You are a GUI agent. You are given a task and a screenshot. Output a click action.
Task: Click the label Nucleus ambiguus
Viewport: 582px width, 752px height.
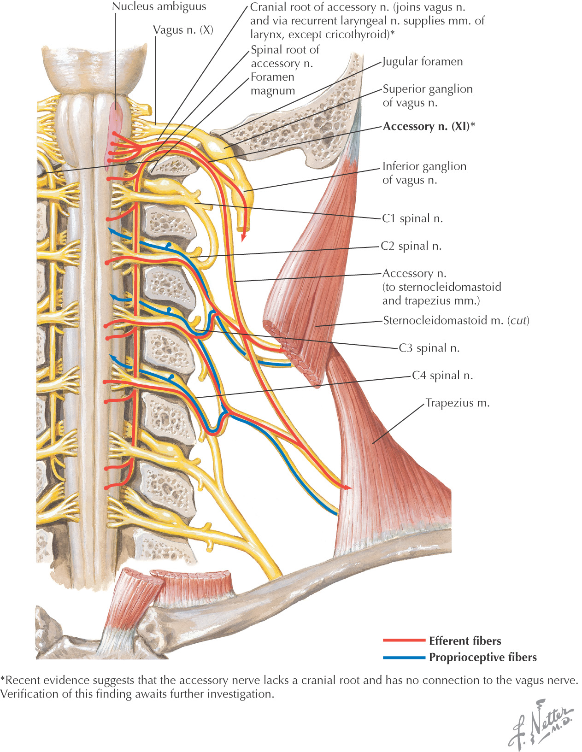[159, 7]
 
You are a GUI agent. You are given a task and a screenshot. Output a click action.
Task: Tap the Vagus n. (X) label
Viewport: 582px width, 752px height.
[183, 30]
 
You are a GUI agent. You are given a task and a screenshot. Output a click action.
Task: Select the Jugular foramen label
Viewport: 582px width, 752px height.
[423, 62]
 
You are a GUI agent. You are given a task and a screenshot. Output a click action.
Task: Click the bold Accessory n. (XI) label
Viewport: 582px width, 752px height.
[429, 126]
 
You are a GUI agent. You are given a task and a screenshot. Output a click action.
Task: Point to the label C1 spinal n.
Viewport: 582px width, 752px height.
[412, 218]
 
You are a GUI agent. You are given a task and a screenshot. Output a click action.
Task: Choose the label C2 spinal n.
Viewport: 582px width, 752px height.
[411, 246]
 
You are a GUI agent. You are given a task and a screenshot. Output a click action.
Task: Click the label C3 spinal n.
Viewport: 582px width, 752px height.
[429, 348]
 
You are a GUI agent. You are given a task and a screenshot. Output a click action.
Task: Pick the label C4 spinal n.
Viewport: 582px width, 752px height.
[442, 376]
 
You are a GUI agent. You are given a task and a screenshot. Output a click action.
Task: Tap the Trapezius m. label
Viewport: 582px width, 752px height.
[457, 403]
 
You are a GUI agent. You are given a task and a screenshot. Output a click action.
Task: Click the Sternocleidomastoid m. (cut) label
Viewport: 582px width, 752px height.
[456, 320]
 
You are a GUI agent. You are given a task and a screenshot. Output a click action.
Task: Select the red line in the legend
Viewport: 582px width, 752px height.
[404, 640]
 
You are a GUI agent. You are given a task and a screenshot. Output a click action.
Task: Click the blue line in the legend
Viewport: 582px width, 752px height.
[404, 657]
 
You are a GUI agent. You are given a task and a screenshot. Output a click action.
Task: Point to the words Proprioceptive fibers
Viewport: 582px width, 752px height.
[482, 658]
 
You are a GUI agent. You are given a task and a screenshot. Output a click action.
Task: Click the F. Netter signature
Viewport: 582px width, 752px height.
[541, 723]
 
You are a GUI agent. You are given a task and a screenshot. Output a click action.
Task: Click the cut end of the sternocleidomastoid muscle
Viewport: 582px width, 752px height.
[295, 355]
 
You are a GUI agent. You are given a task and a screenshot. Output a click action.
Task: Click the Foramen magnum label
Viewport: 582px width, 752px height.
[272, 84]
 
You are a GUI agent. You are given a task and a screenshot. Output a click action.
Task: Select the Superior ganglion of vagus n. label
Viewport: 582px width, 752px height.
[427, 96]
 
